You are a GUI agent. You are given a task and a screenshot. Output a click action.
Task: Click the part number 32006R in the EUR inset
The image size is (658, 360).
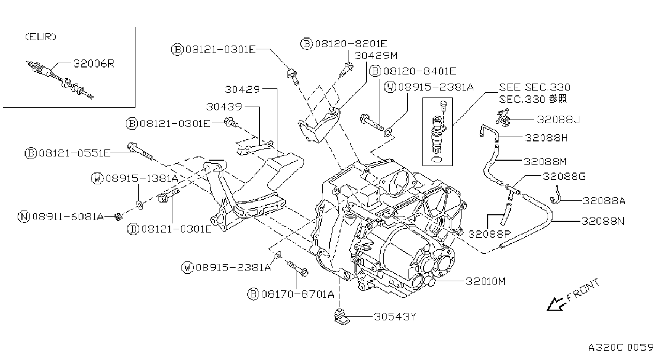click(94, 63)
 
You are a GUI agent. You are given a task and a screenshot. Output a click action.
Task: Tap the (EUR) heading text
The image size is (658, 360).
click(41, 37)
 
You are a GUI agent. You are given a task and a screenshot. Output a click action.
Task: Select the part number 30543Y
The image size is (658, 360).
click(395, 317)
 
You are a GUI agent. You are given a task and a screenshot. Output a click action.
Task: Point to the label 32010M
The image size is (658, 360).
click(486, 281)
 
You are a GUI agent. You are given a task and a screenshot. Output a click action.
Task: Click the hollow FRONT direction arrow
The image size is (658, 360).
click(555, 304)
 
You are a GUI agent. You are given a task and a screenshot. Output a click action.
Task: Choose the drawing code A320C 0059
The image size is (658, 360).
click(621, 347)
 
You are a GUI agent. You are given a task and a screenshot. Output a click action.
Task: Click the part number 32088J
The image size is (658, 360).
click(558, 119)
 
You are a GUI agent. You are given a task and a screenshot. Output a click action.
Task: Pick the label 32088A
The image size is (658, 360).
click(604, 201)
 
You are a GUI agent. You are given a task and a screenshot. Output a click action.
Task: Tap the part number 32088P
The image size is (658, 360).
click(489, 234)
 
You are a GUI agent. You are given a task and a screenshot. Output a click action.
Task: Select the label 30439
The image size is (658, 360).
click(224, 107)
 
